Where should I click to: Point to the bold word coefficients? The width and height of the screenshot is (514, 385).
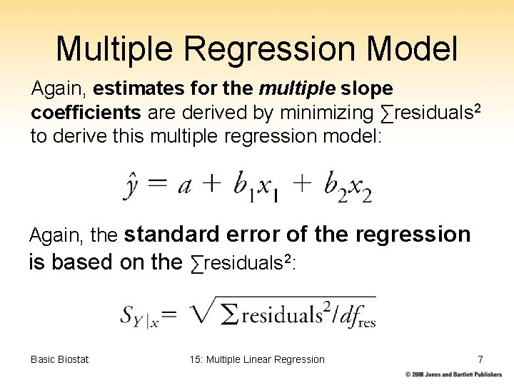point(86,113)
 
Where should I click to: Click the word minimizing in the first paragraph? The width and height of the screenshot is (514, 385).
point(325,113)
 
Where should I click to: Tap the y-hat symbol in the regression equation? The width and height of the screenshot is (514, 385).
point(131,186)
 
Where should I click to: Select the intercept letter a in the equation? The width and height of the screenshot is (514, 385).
point(184,186)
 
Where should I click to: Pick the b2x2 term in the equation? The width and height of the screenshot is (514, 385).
point(348,188)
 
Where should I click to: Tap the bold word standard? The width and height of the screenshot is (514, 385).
point(175,235)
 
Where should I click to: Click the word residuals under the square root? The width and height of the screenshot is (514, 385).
point(278,314)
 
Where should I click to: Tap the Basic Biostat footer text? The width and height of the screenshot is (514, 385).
point(60,359)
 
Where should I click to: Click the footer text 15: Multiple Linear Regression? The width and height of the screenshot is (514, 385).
point(257,359)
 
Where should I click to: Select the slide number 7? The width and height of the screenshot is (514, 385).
point(480,359)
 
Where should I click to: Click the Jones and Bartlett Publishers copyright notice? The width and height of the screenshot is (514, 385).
point(453,374)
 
